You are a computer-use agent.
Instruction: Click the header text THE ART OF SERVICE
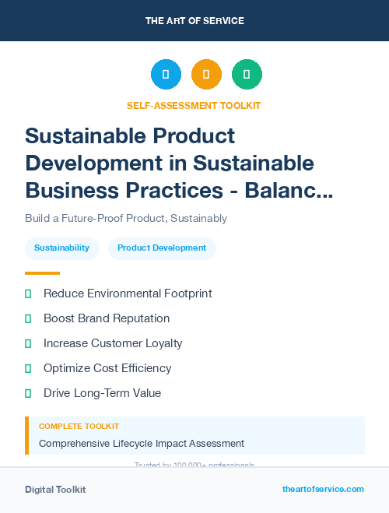pos(194,21)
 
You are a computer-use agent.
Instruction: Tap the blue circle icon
pos(166,75)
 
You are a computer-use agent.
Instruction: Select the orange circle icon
pos(206,75)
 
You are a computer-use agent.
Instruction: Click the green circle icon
pos(247,75)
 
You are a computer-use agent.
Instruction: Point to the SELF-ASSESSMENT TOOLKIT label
pos(194,105)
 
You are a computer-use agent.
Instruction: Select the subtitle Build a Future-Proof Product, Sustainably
pos(126,218)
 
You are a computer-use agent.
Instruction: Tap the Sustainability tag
pos(61,248)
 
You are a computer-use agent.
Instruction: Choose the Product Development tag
pos(162,248)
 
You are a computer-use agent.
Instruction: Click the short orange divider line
pos(42,273)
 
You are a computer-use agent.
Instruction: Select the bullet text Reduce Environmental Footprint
pos(128,293)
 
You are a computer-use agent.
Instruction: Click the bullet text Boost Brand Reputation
pos(107,318)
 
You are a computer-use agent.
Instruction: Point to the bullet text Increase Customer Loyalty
pos(113,343)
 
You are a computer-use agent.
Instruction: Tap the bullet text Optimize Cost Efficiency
pos(107,368)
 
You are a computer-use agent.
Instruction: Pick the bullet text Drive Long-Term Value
pos(102,393)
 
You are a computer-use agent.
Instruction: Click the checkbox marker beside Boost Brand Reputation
pos(28,318)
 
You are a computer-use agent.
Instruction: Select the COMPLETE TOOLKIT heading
pos(79,427)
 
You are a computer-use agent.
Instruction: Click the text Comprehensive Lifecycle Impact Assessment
pos(142,444)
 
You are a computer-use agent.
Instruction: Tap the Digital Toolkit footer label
pos(55,490)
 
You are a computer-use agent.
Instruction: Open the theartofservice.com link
pos(323,489)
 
